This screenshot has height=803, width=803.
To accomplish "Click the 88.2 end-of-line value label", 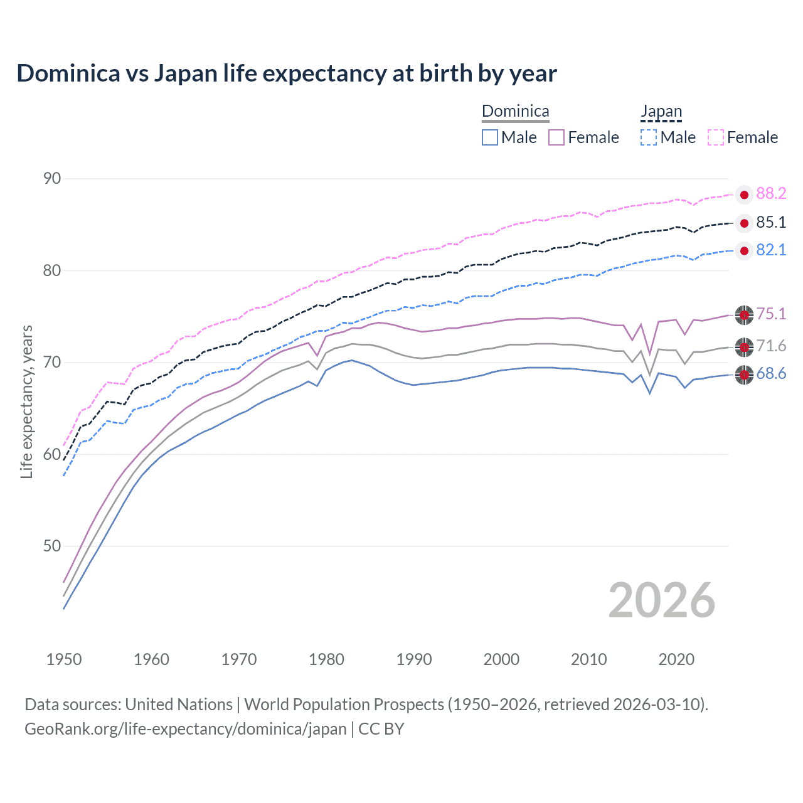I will [771, 194].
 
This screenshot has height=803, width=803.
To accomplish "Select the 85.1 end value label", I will [771, 223].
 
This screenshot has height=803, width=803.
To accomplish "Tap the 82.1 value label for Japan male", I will [771, 250].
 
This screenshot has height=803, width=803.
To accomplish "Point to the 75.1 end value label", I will [771, 314].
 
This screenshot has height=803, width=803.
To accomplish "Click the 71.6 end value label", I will [771, 346].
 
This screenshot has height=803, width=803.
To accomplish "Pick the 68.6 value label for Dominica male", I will [771, 375].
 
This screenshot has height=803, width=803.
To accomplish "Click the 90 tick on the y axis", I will [52, 179].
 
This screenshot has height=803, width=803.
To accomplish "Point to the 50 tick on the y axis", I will [52, 546].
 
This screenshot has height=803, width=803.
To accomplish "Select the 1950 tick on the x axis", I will [64, 659].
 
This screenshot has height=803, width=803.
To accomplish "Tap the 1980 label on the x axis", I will [326, 659].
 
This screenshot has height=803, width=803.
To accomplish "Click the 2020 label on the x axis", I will [676, 659].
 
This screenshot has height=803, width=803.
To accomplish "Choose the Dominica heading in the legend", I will [515, 112].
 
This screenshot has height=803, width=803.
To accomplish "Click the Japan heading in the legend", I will [661, 112].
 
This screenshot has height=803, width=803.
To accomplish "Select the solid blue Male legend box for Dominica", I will [490, 137].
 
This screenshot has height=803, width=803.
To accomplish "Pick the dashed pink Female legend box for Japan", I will [716, 137].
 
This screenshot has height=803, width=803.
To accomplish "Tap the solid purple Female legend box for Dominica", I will [556, 137].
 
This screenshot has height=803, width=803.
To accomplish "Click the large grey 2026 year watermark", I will [661, 600].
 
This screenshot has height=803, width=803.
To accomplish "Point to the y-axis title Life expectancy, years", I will [26, 401].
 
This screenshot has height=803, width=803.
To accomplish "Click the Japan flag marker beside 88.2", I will [744, 195].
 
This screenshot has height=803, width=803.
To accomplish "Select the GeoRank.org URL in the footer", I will [186, 729].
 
